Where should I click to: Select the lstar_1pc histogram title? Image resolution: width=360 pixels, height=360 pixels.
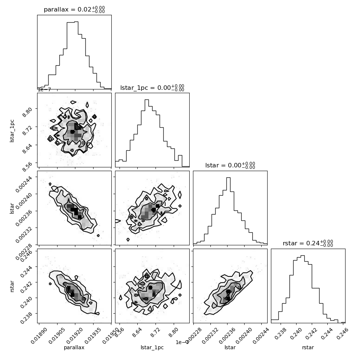152,88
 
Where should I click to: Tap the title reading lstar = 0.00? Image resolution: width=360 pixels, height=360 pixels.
230,166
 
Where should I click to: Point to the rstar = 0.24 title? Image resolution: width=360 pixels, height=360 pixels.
308,243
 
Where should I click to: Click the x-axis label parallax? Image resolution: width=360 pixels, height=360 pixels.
74,347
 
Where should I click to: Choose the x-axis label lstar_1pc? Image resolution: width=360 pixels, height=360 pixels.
152,347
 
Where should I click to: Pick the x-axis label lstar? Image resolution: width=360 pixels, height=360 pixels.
230,347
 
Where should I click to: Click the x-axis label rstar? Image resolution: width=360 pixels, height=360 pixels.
308,347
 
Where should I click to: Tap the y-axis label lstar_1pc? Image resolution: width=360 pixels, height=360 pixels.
12,130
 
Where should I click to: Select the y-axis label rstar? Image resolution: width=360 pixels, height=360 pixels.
12,285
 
